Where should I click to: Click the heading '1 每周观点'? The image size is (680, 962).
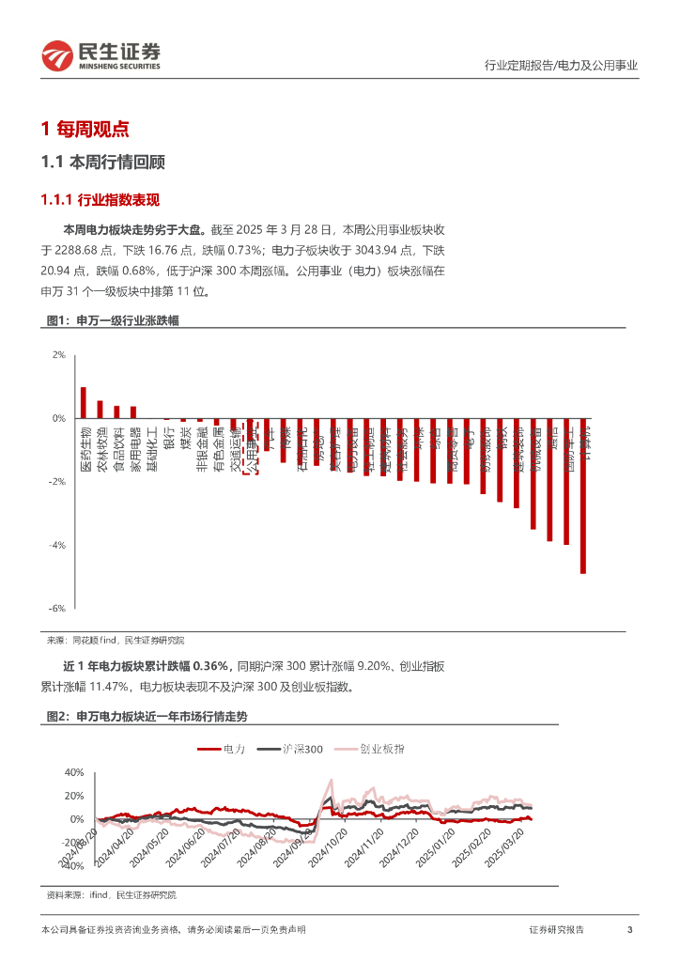tap(85, 129)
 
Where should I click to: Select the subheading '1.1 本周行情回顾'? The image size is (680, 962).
tap(103, 163)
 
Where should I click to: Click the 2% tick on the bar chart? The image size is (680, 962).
tap(58, 355)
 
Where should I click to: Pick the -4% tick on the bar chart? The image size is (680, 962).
tap(57, 545)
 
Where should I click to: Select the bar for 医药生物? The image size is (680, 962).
tap(84, 403)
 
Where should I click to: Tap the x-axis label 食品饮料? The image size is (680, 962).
tap(117, 448)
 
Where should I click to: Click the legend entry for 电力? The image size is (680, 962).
tap(222, 749)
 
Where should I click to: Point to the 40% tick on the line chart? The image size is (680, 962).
tap(72, 772)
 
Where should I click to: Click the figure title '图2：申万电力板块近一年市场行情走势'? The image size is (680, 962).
tap(147, 716)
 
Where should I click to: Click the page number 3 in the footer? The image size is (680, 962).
tap(629, 930)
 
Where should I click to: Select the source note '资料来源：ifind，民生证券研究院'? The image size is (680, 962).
tap(111, 895)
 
